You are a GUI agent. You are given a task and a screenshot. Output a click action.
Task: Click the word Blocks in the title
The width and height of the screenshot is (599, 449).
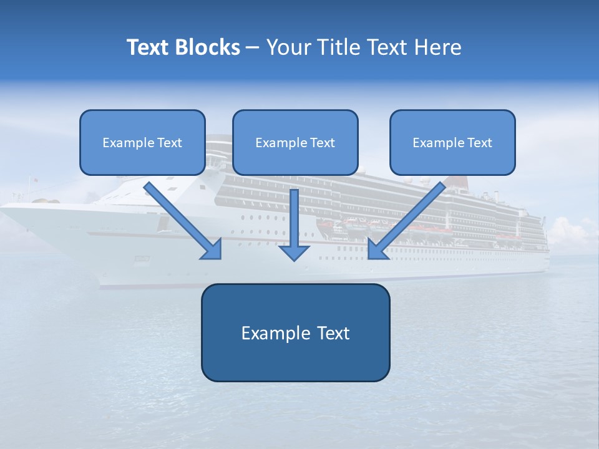[208, 47]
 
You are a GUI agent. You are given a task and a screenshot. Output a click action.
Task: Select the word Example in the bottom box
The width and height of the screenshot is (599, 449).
[276, 333]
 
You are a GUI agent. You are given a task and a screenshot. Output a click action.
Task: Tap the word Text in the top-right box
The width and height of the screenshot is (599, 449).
[479, 143]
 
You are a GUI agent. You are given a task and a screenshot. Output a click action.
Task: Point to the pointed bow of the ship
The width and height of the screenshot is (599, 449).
[5, 209]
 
